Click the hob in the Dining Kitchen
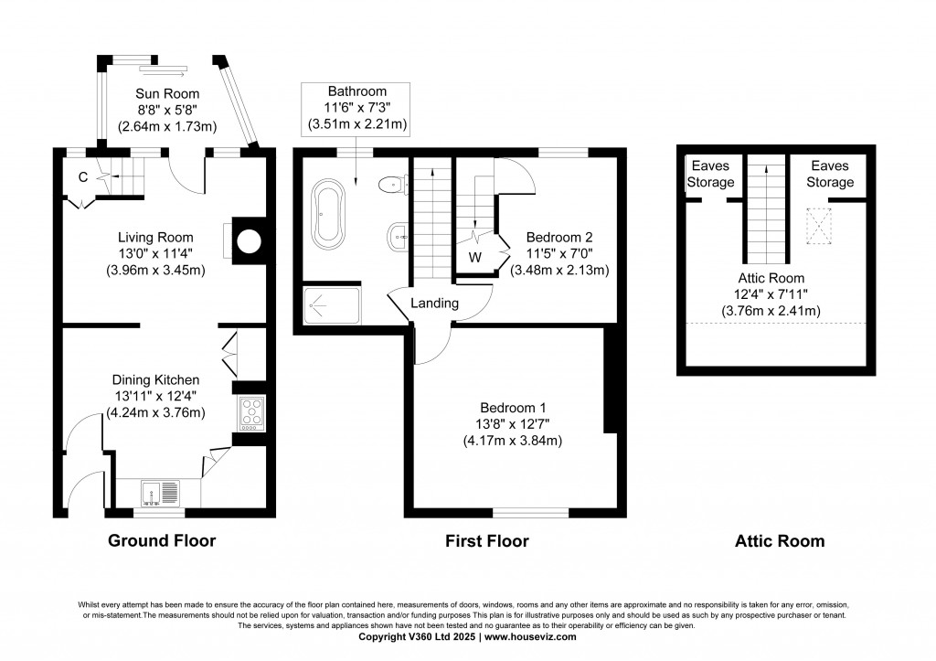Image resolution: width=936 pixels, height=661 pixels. [250, 413]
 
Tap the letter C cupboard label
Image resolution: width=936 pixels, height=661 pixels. [82, 177]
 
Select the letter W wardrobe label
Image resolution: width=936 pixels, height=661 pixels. [474, 256]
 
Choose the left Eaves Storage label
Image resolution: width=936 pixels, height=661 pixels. [712, 174]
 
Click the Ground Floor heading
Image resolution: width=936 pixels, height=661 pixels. [162, 540]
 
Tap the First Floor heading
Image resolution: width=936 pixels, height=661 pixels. [486, 541]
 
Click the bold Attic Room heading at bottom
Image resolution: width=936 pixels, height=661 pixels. [779, 541]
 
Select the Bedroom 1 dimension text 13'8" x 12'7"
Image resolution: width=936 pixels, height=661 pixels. [511, 424]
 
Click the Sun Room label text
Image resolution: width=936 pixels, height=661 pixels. [167, 93]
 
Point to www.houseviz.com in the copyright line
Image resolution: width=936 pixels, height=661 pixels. [532, 636]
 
